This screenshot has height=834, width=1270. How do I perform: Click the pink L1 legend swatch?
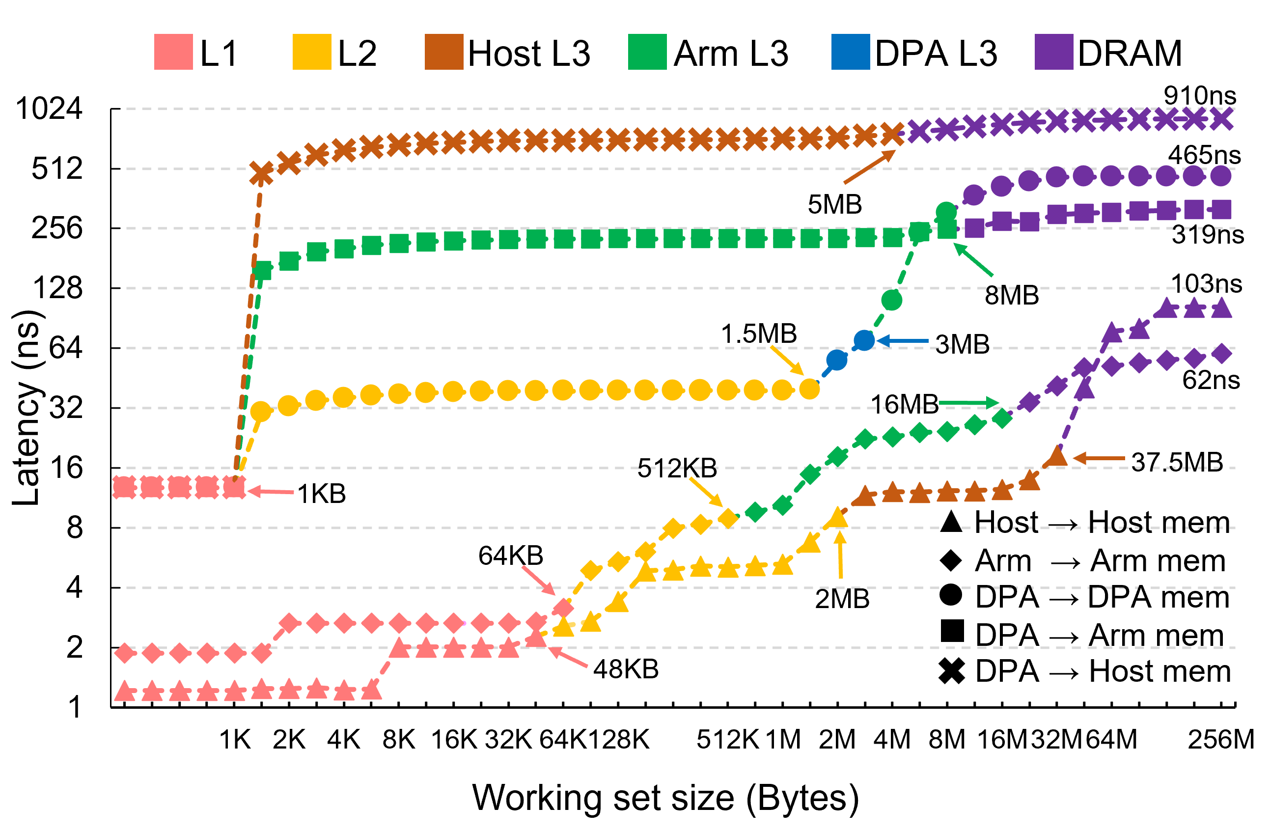(173, 52)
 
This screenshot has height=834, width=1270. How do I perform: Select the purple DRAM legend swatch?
(1053, 52)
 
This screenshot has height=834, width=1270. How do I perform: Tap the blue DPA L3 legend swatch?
(851, 52)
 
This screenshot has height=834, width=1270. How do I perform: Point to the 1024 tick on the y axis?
(49, 109)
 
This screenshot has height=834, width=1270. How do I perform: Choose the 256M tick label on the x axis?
(1221, 740)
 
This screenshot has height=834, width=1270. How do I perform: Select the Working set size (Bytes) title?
(665, 798)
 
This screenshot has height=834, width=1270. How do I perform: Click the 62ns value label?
(1211, 380)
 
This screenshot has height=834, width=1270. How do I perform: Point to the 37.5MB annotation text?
(1177, 462)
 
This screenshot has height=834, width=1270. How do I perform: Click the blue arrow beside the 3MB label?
(902, 341)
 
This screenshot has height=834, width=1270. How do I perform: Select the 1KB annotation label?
(321, 494)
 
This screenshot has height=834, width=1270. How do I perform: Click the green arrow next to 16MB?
(968, 403)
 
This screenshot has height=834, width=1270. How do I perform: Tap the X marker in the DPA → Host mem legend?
(951, 671)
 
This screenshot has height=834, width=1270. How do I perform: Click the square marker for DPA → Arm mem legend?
(951, 631)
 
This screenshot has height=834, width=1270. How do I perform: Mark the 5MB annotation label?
(834, 205)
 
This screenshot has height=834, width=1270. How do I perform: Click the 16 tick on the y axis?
(66, 468)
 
